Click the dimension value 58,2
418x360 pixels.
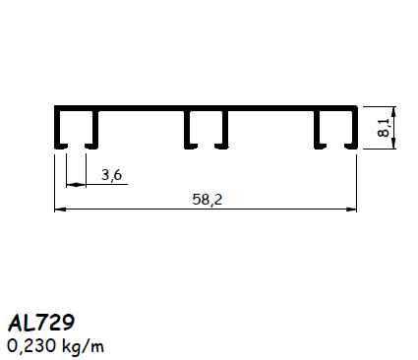206,199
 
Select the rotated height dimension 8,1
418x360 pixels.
386,127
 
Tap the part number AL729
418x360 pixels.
42,323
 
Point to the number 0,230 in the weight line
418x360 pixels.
30,346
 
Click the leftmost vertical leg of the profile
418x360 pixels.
57,129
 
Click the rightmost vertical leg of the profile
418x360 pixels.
352,129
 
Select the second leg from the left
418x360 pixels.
95,129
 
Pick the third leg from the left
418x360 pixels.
187,129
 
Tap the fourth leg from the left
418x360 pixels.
225,129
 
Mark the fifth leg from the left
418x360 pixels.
317,129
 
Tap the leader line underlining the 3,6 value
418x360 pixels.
108,183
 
